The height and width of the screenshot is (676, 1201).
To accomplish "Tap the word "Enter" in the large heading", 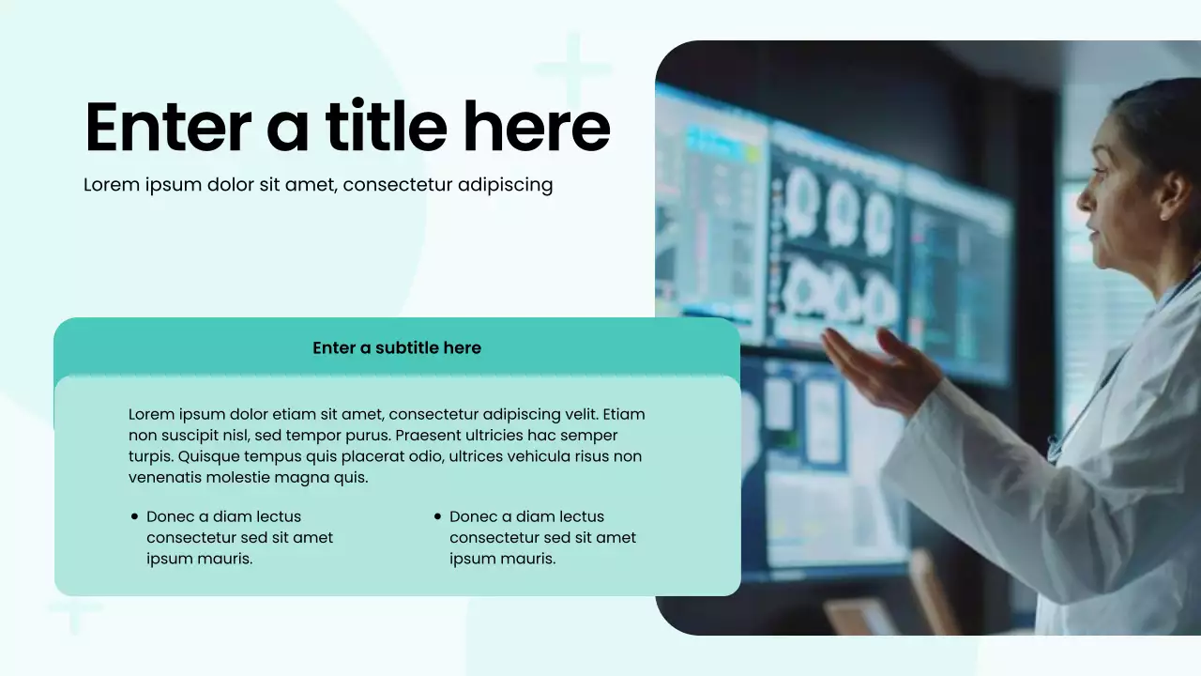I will click(168, 128).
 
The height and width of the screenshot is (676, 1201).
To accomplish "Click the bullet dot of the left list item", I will click(135, 516).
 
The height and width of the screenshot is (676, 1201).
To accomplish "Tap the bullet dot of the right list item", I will click(438, 516).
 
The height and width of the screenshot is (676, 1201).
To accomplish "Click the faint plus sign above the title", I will click(572, 69).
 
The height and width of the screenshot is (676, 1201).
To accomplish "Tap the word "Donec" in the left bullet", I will click(171, 516).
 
